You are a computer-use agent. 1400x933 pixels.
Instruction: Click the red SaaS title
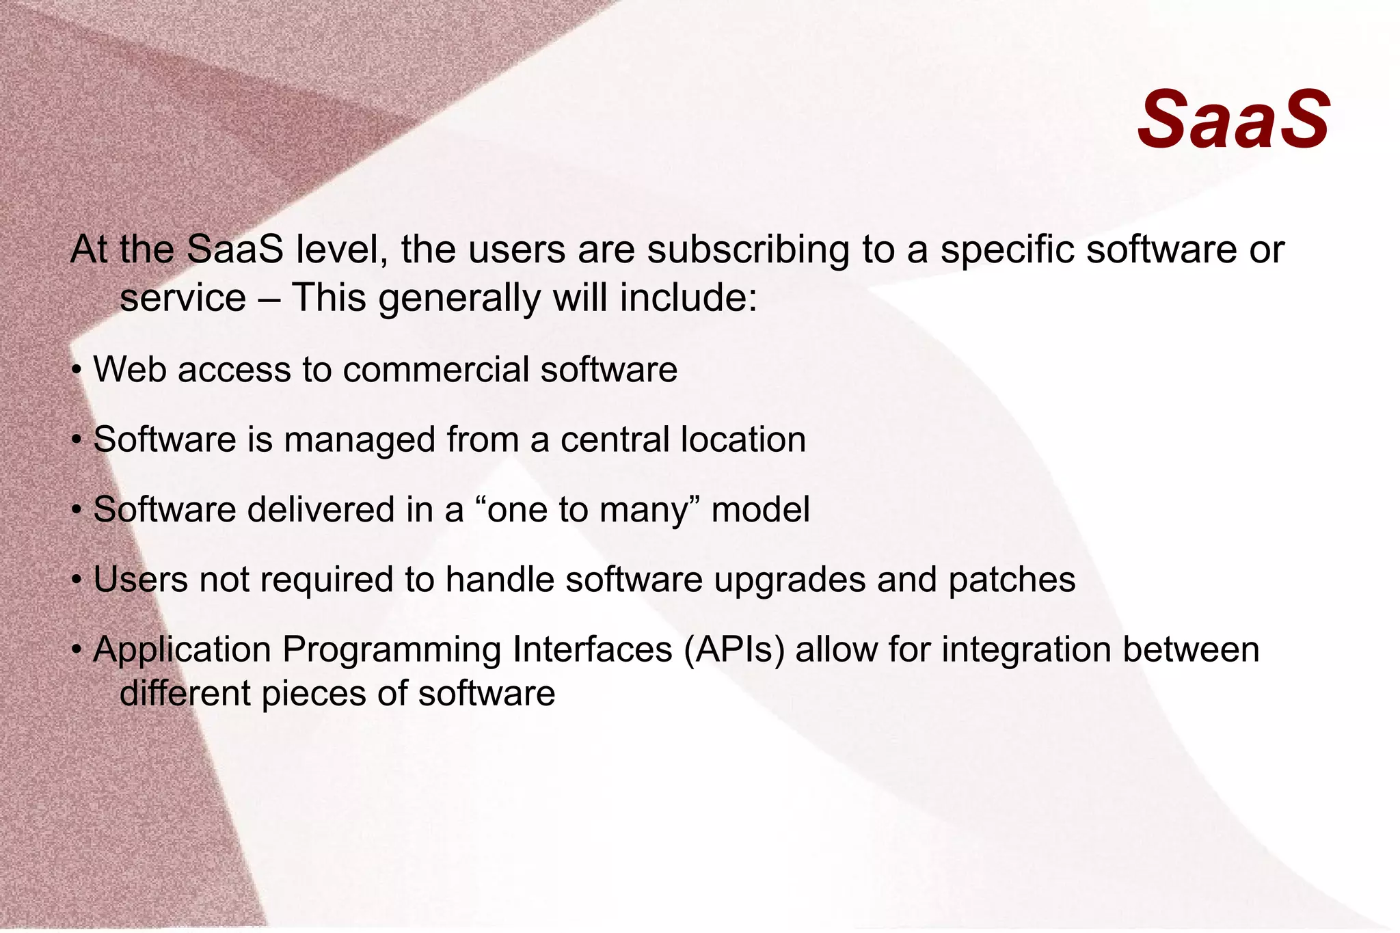1233,120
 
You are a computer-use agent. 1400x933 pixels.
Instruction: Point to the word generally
459,299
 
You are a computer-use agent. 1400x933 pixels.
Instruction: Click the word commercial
435,370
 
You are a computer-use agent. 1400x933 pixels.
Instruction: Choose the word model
760,510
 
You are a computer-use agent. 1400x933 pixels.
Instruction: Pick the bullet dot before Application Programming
77,649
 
